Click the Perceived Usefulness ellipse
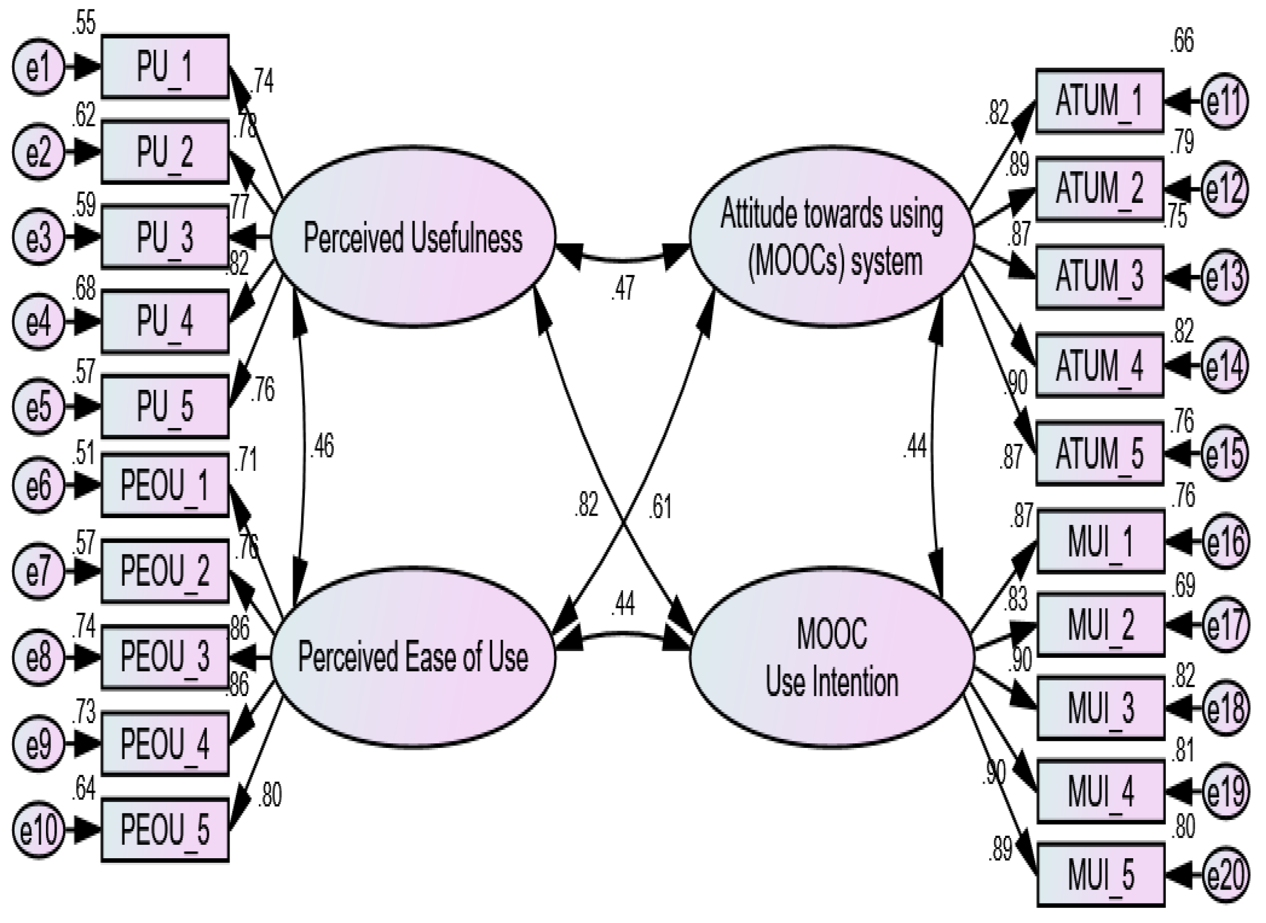pyautogui.click(x=413, y=237)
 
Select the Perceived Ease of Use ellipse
pyautogui.click(x=413, y=657)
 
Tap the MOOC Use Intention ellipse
pyautogui.click(x=832, y=657)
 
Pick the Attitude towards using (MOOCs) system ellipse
pyautogui.click(x=832, y=237)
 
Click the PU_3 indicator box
pyautogui.click(x=165, y=237)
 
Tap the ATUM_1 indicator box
pyautogui.click(x=1100, y=101)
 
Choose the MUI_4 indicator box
pyautogui.click(x=1101, y=792)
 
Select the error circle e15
pyautogui.click(x=1224, y=453)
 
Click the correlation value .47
pyautogui.click(x=623, y=288)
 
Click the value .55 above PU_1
pyautogui.click(x=84, y=24)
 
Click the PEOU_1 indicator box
pyautogui.click(x=165, y=485)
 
